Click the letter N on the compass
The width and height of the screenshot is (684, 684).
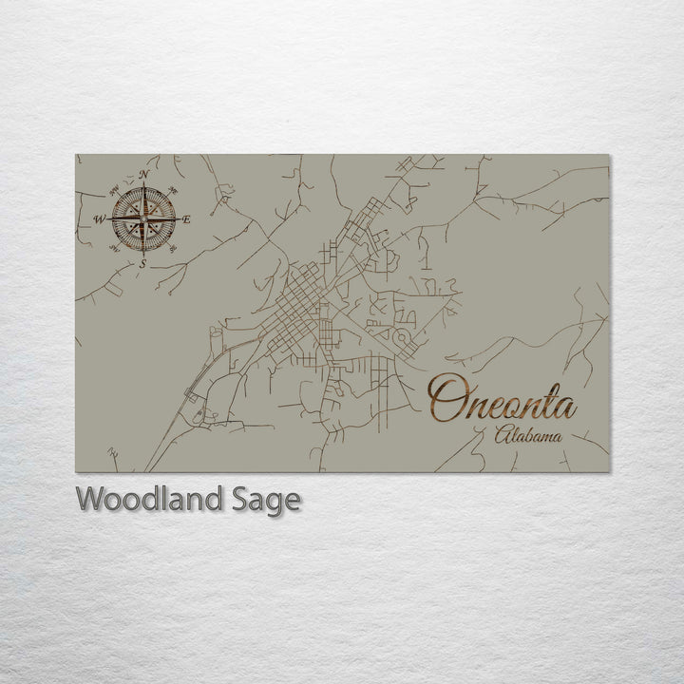click(142, 175)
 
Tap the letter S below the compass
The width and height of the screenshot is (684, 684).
click(142, 263)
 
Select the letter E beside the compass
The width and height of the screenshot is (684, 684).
click(186, 219)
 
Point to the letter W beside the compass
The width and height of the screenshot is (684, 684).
click(99, 219)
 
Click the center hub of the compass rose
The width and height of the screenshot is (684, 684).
click(142, 219)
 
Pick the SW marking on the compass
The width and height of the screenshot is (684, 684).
click(114, 249)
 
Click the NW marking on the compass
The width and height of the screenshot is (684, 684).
click(114, 190)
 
